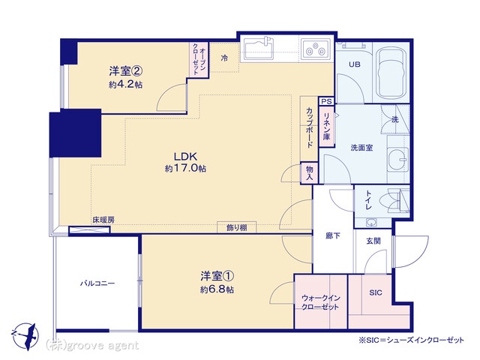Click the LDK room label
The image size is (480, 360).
(186, 157)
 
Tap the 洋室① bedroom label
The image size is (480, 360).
(217, 276)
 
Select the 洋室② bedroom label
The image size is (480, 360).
(126, 71)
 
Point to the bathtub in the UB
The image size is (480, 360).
(390, 73)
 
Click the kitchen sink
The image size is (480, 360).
(259, 48)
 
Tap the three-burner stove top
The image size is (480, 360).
(316, 49)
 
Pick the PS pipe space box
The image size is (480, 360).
(327, 101)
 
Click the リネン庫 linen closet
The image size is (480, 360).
(327, 127)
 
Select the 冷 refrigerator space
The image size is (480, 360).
(224, 58)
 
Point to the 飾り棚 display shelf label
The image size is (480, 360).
(237, 228)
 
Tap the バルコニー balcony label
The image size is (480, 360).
(97, 283)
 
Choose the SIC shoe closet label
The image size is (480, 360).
(376, 292)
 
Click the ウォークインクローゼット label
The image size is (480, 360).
(320, 302)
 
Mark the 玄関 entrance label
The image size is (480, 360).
(373, 241)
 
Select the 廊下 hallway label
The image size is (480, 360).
(333, 236)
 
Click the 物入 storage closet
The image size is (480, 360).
(310, 172)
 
